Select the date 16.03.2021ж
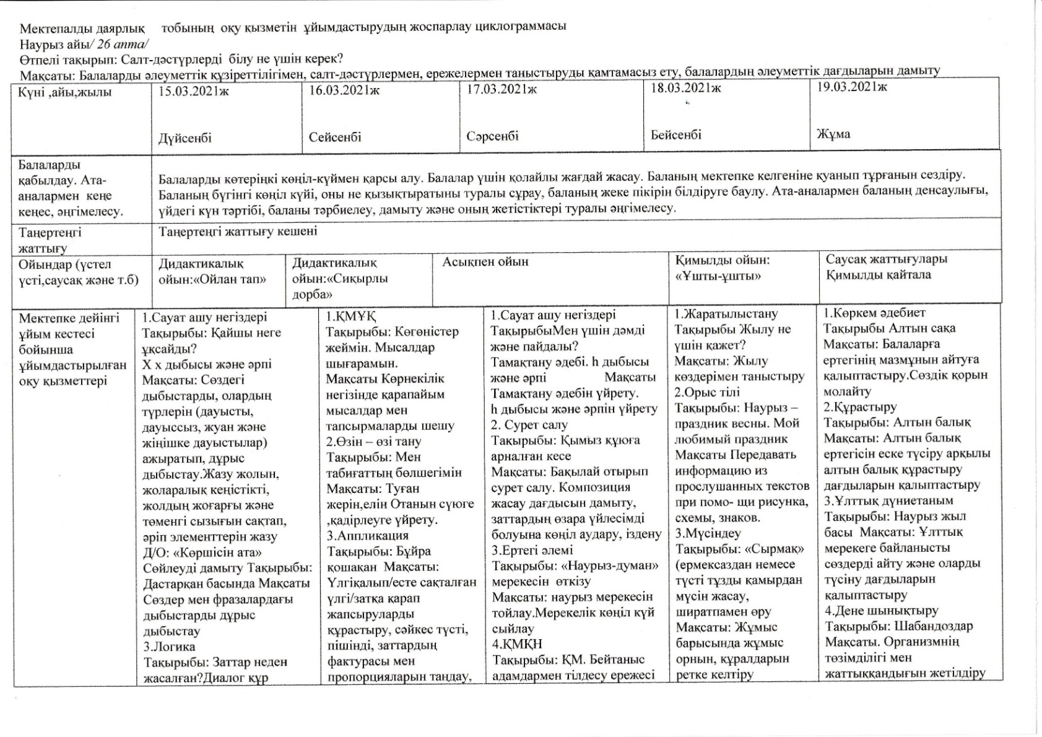click(x=344, y=90)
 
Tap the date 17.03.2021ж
click(x=502, y=89)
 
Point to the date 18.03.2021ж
click(x=686, y=88)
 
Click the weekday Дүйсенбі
click(x=185, y=137)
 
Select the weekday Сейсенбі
click(x=335, y=137)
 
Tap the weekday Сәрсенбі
click(x=493, y=136)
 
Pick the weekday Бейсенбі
click(x=676, y=134)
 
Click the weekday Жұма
click(x=833, y=134)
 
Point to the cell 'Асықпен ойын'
click(x=485, y=262)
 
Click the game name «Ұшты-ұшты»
click(x=718, y=276)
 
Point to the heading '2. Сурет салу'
click(x=529, y=425)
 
